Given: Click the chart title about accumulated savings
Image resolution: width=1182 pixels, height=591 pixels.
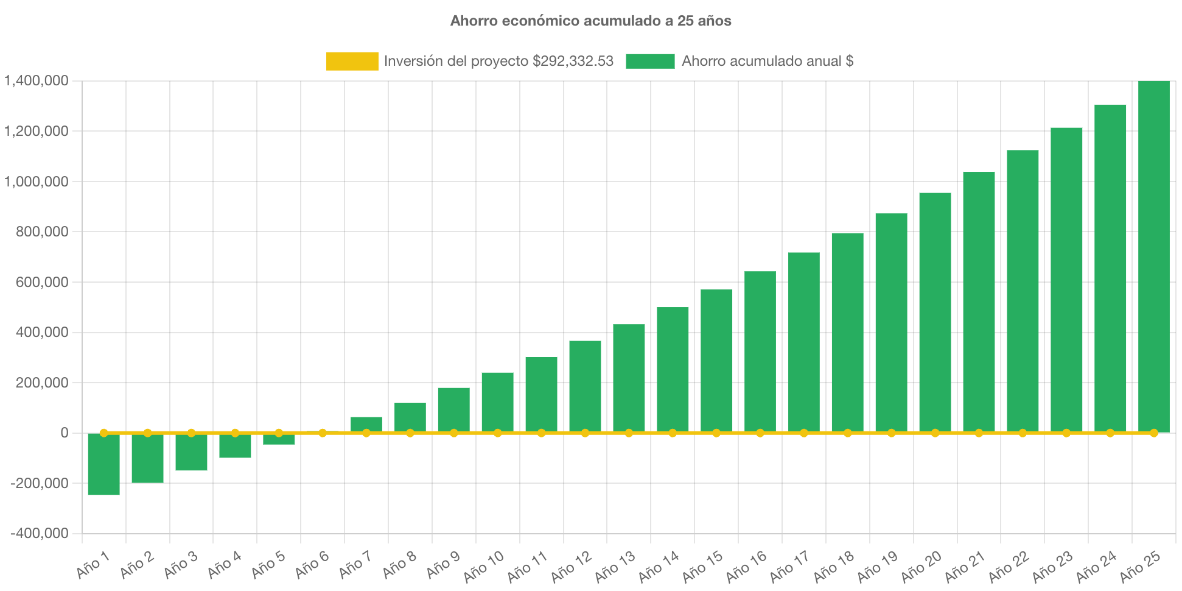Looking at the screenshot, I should [x=590, y=21].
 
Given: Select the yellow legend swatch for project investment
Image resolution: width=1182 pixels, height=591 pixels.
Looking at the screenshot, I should [x=352, y=61].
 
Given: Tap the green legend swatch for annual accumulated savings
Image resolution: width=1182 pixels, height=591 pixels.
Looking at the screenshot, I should [x=650, y=61].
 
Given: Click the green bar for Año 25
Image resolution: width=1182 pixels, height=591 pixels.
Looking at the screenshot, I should [x=1153, y=256].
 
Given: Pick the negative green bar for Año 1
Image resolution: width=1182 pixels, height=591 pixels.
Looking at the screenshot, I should [x=103, y=464].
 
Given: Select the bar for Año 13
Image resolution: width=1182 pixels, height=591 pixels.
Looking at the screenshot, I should [x=629, y=378].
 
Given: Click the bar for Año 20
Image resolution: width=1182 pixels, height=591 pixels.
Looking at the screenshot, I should [x=935, y=312].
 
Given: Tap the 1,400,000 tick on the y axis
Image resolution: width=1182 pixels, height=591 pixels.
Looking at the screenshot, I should [x=37, y=81].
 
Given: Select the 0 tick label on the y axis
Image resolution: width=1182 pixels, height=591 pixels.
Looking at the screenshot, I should [x=64, y=433].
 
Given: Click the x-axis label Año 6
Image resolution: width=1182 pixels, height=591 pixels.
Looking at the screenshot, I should [x=312, y=565].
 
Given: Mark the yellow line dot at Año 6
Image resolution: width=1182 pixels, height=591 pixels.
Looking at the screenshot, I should [x=323, y=433].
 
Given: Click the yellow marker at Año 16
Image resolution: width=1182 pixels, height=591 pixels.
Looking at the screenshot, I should [x=760, y=433].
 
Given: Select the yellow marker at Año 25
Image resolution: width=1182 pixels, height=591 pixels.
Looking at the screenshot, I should [x=1153, y=433].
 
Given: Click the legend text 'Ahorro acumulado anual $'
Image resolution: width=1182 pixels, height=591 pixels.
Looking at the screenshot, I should [x=767, y=61].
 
